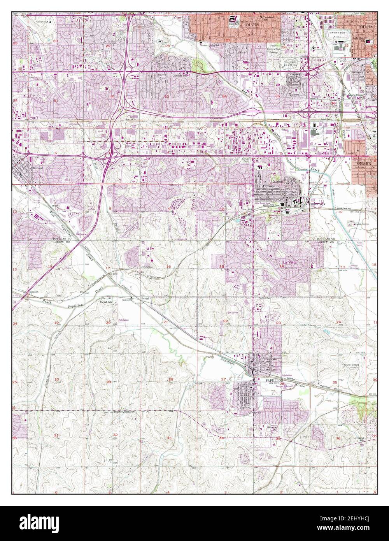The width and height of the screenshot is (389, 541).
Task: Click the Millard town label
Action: pyautogui.click(x=37, y=168)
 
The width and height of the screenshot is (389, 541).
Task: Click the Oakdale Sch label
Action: pyautogui.click(x=180, y=76)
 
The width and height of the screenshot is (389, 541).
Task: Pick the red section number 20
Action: pyautogui.click(x=108, y=322)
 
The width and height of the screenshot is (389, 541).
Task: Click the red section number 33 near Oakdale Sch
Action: pyautogui.click(x=167, y=96)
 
